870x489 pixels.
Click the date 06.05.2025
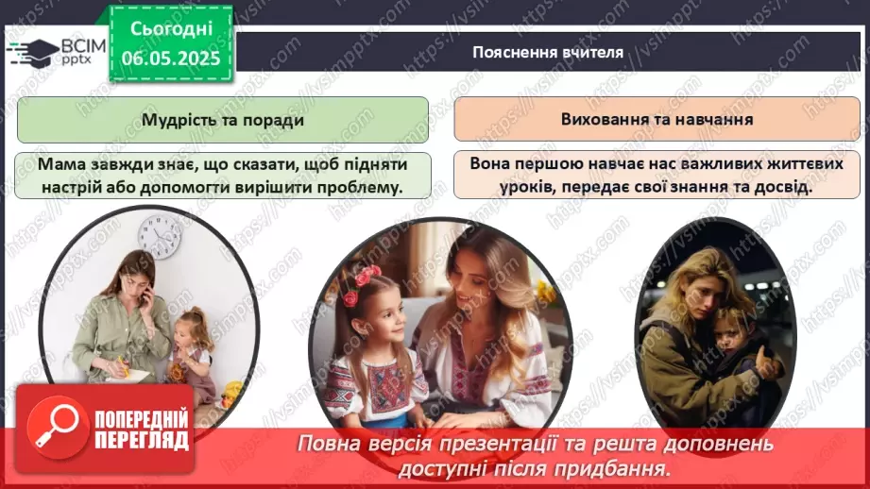[171, 58]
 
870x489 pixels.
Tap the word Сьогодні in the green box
[171, 28]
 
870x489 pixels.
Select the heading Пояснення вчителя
[547, 52]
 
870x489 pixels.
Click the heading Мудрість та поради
[223, 121]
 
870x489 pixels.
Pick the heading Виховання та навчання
[657, 120]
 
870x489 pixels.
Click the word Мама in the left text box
[60, 165]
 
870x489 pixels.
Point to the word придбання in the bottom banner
[625, 466]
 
